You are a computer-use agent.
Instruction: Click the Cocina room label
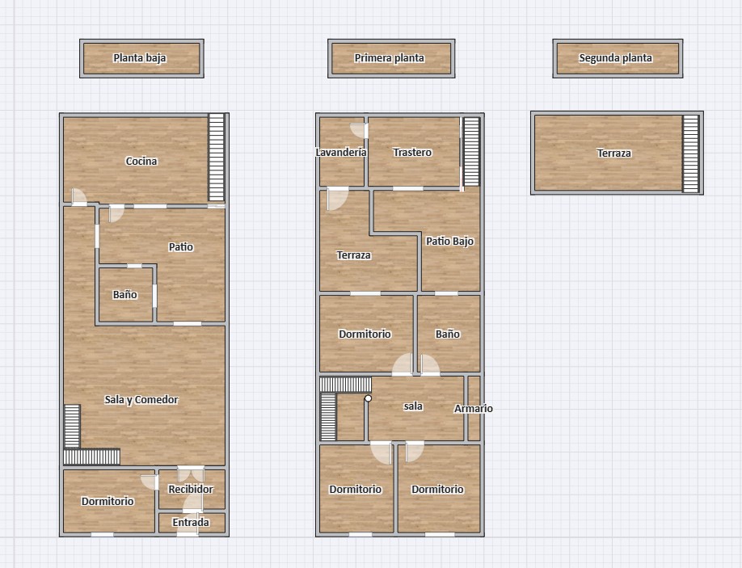(x=141, y=161)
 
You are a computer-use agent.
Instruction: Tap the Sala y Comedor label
(x=141, y=400)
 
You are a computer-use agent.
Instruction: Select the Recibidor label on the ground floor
(x=191, y=489)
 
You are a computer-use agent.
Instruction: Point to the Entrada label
(x=191, y=522)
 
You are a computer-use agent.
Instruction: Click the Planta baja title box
(x=141, y=58)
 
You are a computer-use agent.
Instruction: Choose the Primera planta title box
(x=391, y=58)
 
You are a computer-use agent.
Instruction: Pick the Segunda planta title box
(x=618, y=58)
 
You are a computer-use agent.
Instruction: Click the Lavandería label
(x=341, y=152)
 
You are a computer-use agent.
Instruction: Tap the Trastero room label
(x=412, y=152)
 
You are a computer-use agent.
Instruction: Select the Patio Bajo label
(x=449, y=242)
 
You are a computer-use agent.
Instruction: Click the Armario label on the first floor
(x=473, y=408)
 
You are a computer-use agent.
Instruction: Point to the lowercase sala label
(x=413, y=406)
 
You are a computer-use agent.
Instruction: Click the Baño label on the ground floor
(x=125, y=295)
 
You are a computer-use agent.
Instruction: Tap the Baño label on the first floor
(x=448, y=334)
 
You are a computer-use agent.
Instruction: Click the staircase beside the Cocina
(x=217, y=158)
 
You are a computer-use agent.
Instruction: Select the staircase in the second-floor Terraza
(x=690, y=154)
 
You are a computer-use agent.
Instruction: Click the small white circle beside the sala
(x=368, y=398)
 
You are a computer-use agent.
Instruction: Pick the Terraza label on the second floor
(x=613, y=153)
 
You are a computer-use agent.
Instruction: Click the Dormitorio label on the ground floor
(x=108, y=501)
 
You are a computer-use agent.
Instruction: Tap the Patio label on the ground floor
(x=181, y=246)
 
